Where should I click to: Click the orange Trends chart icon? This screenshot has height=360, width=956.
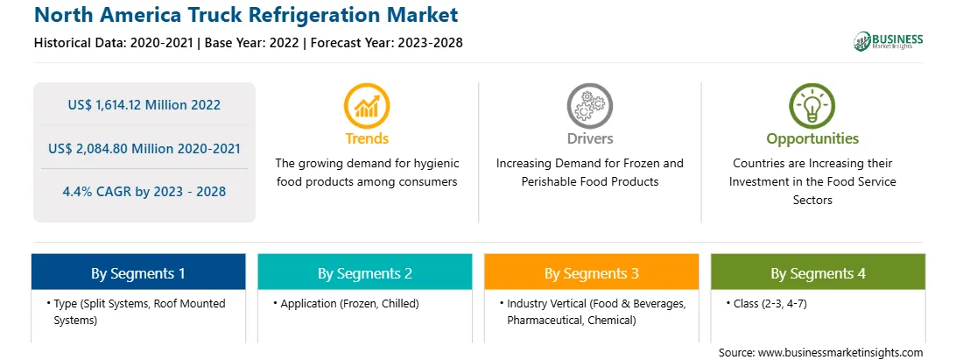click(367, 106)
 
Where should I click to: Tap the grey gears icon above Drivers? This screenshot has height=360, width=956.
click(589, 106)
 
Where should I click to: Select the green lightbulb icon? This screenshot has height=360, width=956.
click(812, 106)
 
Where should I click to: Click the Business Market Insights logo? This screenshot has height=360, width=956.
click(888, 41)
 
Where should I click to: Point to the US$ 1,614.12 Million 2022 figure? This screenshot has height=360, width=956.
click(144, 105)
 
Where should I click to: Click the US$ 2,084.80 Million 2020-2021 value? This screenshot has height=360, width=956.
click(144, 148)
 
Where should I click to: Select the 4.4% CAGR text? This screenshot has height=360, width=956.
click(144, 192)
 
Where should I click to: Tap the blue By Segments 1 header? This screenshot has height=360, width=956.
click(138, 272)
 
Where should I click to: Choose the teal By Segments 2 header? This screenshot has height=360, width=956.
click(364, 272)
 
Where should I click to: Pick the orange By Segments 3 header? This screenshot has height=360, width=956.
click(592, 272)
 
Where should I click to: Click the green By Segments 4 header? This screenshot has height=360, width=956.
click(819, 272)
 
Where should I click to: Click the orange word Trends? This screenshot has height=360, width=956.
click(367, 138)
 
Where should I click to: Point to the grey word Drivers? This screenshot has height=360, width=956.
click(589, 138)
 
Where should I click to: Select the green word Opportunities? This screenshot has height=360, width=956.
click(812, 139)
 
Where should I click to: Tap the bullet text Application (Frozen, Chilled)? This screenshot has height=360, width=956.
click(349, 303)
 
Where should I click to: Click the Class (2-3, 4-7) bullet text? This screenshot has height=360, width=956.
click(766, 303)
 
